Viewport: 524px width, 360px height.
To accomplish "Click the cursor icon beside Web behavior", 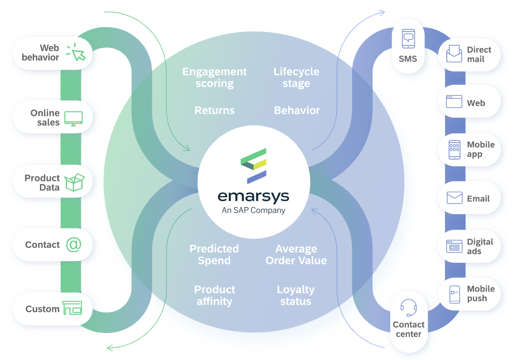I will [75, 52].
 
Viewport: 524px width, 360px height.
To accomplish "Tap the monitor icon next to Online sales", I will [73, 118].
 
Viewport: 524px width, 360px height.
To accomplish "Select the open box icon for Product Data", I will [74, 183].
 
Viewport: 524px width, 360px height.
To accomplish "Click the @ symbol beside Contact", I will [74, 244].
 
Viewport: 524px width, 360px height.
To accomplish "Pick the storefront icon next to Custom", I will [72, 308].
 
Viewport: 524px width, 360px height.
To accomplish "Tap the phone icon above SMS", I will [408, 39].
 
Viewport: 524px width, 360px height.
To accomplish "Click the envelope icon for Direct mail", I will [454, 54].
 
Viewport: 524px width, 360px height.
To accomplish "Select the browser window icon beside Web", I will [454, 102].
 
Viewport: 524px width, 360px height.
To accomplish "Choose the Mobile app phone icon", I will [454, 149].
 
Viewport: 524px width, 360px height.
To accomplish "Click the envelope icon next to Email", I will [454, 198].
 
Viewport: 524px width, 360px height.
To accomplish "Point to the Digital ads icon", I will [454, 246].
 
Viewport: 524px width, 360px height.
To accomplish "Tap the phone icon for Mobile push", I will [454, 294].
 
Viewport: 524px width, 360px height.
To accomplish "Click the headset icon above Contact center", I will [408, 307].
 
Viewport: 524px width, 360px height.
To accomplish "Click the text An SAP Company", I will [254, 211].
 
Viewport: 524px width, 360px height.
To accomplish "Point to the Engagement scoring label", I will [214, 77].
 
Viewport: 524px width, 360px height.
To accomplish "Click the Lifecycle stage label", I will [296, 77].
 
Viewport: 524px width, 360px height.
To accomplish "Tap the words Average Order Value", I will [296, 255].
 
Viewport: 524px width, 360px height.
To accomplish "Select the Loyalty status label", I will [296, 296].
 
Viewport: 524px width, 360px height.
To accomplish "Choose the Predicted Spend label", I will [214, 255].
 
